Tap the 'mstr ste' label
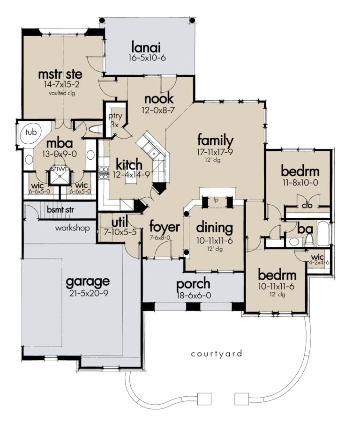(60, 74)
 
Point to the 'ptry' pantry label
(115, 116)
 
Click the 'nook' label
(159, 99)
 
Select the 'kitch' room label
(129, 165)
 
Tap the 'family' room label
(215, 140)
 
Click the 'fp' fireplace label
(216, 199)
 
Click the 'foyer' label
(165, 227)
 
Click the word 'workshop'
(73, 229)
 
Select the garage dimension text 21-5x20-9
(88, 294)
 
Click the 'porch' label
(193, 284)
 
